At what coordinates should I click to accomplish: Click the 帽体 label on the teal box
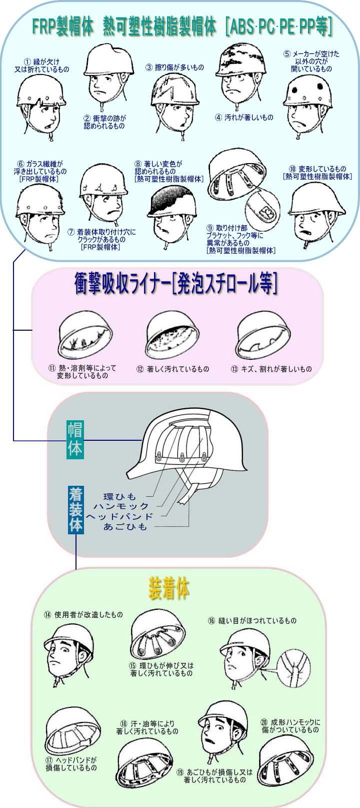click(75, 440)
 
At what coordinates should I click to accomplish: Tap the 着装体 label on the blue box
click(75, 510)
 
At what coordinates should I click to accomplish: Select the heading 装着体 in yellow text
click(169, 588)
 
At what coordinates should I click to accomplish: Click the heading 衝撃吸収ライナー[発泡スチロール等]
click(175, 285)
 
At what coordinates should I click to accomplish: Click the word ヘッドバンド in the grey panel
click(119, 516)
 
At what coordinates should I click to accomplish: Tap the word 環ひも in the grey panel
click(119, 497)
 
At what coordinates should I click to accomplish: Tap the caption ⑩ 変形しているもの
click(317, 173)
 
